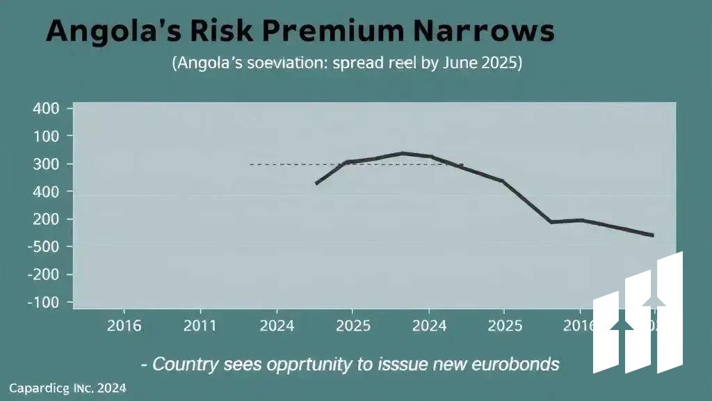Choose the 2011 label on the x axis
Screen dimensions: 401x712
click(200, 326)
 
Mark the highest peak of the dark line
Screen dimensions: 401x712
click(403, 153)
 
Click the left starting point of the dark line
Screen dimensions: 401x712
click(316, 184)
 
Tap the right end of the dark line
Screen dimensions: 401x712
click(652, 235)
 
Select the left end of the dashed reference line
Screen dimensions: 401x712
click(249, 164)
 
